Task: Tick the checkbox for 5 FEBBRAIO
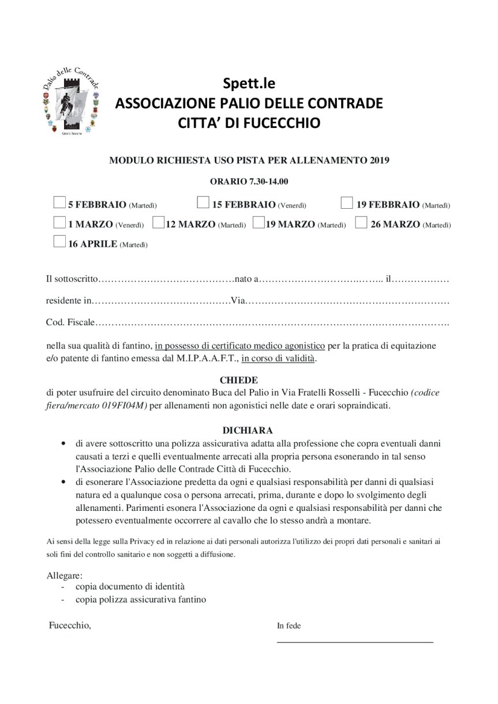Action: point(59,202)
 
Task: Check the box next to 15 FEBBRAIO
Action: point(203,202)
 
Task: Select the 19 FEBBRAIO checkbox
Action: point(347,202)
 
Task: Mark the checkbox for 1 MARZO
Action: point(59,223)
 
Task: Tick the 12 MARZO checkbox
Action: point(158,223)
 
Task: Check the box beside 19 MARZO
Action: point(259,223)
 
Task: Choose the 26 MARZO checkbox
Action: point(361,223)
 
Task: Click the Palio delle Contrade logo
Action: point(71,101)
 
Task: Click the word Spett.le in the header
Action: point(249,84)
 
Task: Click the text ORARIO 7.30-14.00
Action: point(249,182)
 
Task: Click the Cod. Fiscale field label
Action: point(70,322)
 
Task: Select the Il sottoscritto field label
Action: point(72,279)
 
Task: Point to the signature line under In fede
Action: point(355,641)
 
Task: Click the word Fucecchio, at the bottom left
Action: point(70,625)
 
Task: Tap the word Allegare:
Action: point(64,575)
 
